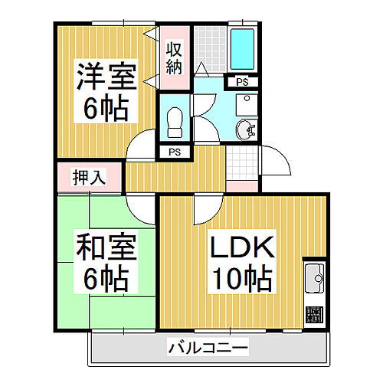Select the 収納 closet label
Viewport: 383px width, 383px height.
(x=175, y=57)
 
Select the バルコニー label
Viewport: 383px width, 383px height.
(x=208, y=349)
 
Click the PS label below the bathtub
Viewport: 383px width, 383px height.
(x=241, y=82)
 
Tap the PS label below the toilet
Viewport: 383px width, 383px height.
(x=174, y=152)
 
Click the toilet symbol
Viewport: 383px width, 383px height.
(x=173, y=119)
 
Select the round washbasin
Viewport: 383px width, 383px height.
(x=244, y=129)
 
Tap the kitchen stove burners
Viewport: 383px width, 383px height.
(x=314, y=315)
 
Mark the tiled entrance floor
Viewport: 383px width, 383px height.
(x=244, y=162)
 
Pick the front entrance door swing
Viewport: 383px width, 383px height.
(x=277, y=161)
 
